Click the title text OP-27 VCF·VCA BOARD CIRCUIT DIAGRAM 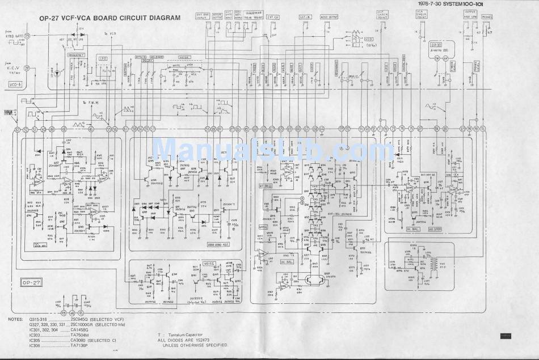(109, 18)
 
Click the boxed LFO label (103, 58)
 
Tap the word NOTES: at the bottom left (16, 321)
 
